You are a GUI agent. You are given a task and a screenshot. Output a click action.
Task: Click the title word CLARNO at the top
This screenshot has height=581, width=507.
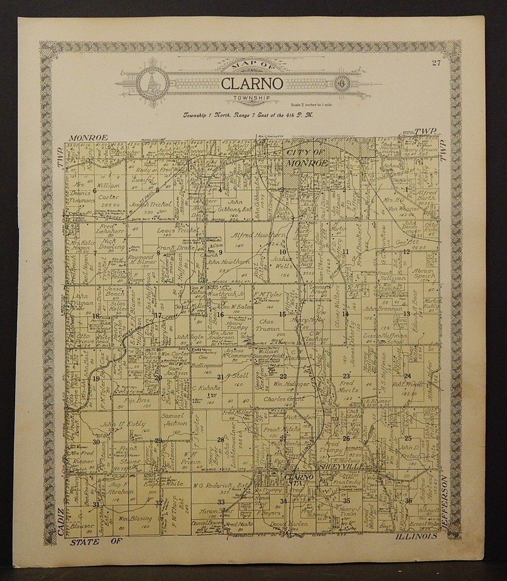pos(252,84)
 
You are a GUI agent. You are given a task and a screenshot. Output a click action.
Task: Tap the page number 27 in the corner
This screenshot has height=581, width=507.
pos(436,63)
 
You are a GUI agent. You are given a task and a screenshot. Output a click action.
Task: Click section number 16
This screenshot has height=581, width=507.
pos(220,314)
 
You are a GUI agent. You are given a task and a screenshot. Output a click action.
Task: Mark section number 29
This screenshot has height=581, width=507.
pos(159,440)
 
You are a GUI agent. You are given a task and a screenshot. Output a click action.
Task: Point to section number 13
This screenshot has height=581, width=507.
pos(407,313)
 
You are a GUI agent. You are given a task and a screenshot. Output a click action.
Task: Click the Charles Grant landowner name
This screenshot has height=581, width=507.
pos(282,399)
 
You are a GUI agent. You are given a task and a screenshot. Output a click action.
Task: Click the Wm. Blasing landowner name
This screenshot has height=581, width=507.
pos(134,519)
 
